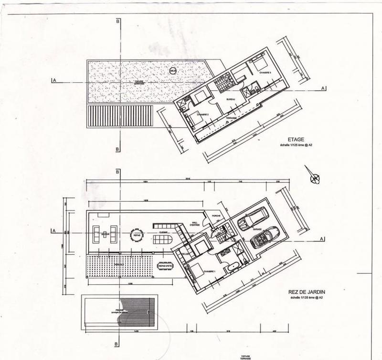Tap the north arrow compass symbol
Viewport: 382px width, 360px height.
pyautogui.click(x=315, y=178)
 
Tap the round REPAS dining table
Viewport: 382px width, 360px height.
pyautogui.click(x=137, y=235)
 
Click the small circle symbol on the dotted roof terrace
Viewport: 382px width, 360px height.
pyautogui.click(x=172, y=71)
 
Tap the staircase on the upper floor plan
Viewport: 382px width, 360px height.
pyautogui.click(x=222, y=83)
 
